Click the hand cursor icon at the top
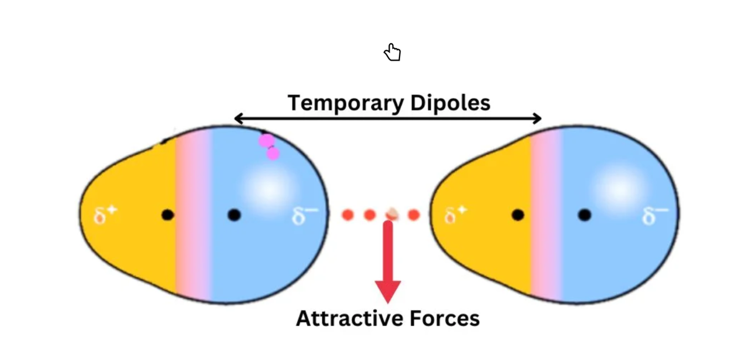click(x=392, y=53)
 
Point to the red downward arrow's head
click(x=388, y=291)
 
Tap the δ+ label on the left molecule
click(x=105, y=215)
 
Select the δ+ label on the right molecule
click(x=456, y=215)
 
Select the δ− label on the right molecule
click(x=655, y=216)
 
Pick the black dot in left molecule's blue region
click(x=234, y=215)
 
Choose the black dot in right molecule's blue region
click(x=584, y=215)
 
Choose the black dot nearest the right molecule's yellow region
click(x=518, y=215)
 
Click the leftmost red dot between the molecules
click(x=347, y=215)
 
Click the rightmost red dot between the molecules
click(x=413, y=215)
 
